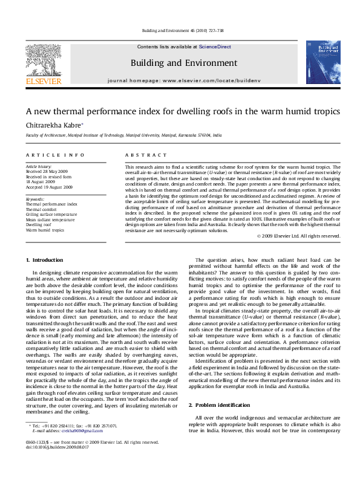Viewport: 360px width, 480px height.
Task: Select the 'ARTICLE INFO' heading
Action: (55, 155)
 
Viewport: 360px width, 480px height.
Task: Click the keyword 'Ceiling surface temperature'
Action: (51, 214)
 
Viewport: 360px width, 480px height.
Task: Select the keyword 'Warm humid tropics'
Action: (44, 230)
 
